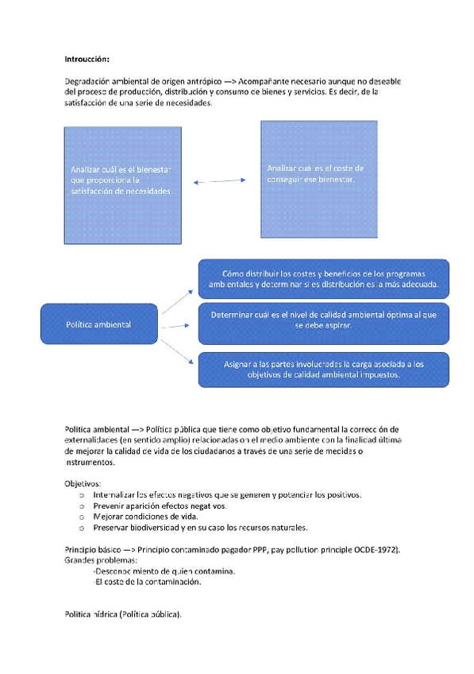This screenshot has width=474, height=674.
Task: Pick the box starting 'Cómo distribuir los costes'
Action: click(x=324, y=278)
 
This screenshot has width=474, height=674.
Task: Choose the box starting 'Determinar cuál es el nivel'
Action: click(x=324, y=320)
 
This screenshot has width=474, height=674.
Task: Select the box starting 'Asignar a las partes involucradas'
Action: click(x=324, y=369)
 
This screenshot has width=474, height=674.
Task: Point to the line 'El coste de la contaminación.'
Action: click(x=148, y=582)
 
